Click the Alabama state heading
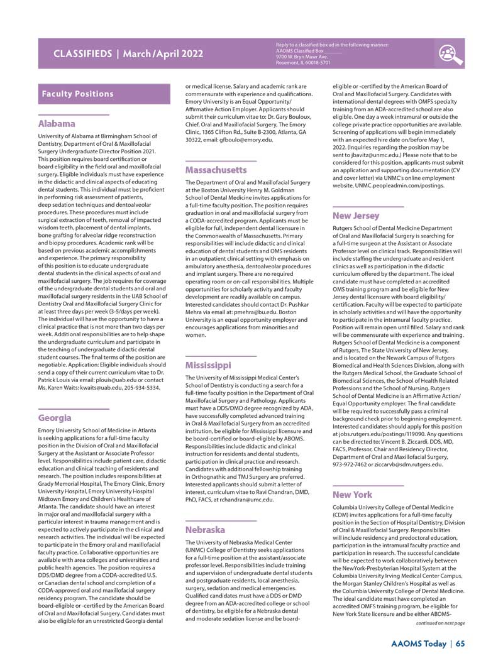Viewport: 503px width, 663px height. click(x=57, y=124)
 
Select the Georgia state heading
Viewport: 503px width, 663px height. click(x=55, y=418)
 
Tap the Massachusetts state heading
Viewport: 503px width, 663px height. click(x=216, y=170)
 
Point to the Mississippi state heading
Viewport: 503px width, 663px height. click(x=207, y=365)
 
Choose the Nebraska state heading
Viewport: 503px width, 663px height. click(x=204, y=530)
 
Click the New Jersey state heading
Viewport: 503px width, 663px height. click(x=356, y=216)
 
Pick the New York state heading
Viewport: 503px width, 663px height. click(x=352, y=495)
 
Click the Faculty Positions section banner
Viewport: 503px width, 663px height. click(x=78, y=94)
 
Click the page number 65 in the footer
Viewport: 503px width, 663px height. click(x=460, y=643)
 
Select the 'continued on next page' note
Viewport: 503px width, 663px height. click(x=440, y=623)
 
